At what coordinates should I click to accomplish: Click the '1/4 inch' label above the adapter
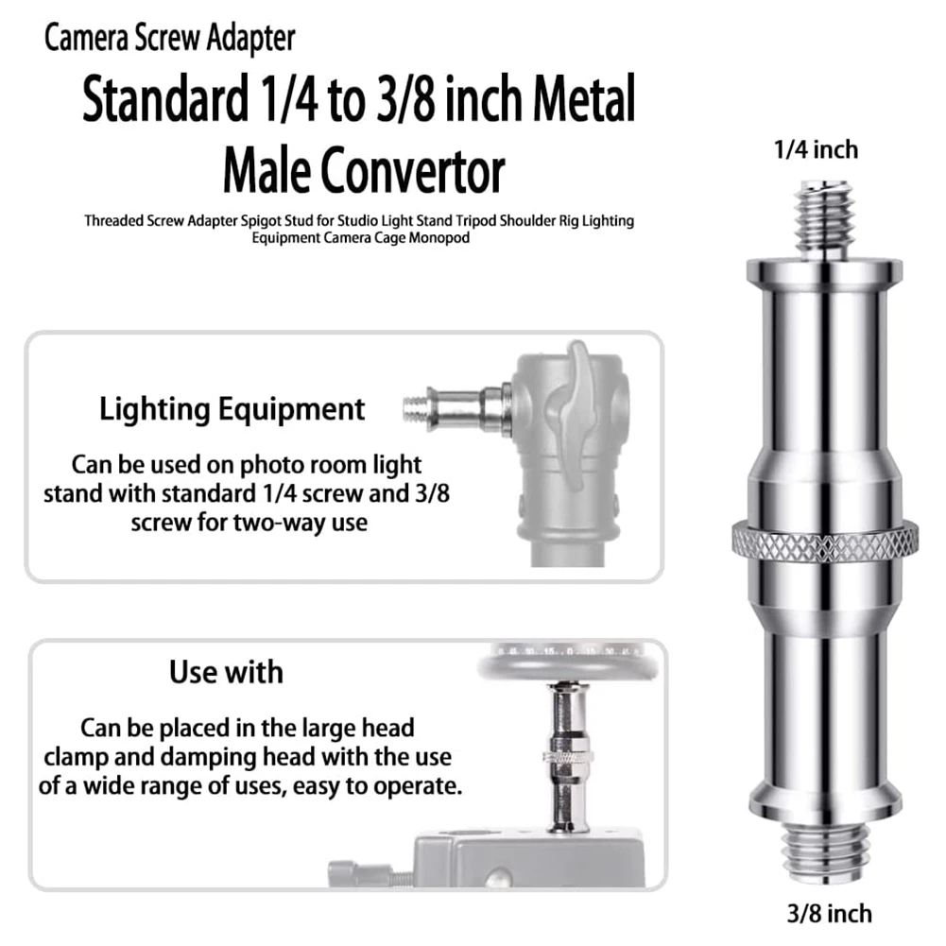click(x=817, y=149)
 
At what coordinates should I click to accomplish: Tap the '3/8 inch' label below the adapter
click(x=828, y=913)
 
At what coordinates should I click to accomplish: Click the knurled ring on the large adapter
click(x=824, y=541)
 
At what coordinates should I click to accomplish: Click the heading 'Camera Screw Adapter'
click(x=170, y=39)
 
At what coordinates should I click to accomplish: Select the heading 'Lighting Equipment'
click(x=232, y=409)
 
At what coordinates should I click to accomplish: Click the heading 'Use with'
click(x=226, y=672)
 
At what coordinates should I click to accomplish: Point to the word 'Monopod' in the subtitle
click(x=438, y=239)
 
